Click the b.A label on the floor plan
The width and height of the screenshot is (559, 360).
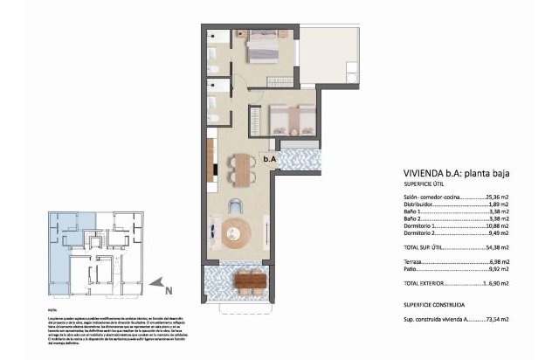coord(270,159)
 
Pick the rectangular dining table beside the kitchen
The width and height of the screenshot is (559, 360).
coord(242,171)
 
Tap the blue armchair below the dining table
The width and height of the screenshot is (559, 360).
coord(236,206)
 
